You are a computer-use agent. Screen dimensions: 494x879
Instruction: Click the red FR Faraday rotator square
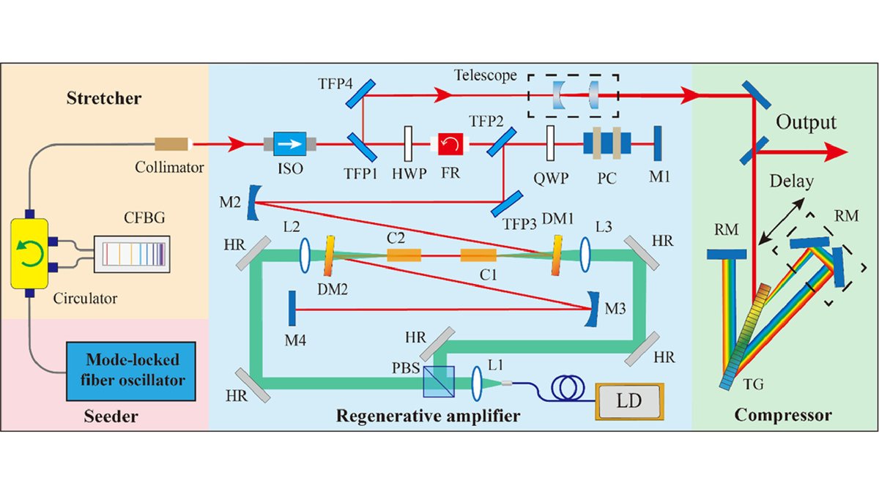coord(448,145)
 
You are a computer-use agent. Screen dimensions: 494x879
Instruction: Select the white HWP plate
coord(408,145)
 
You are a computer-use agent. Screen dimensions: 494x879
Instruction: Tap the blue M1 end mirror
coord(657,144)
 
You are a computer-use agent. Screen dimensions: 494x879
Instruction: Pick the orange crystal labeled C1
coord(479,255)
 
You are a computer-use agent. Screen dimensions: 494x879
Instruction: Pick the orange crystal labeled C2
coord(404,255)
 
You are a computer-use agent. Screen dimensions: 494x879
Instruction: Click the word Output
coord(807,121)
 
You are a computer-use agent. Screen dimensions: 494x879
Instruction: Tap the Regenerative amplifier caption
coord(428,416)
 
